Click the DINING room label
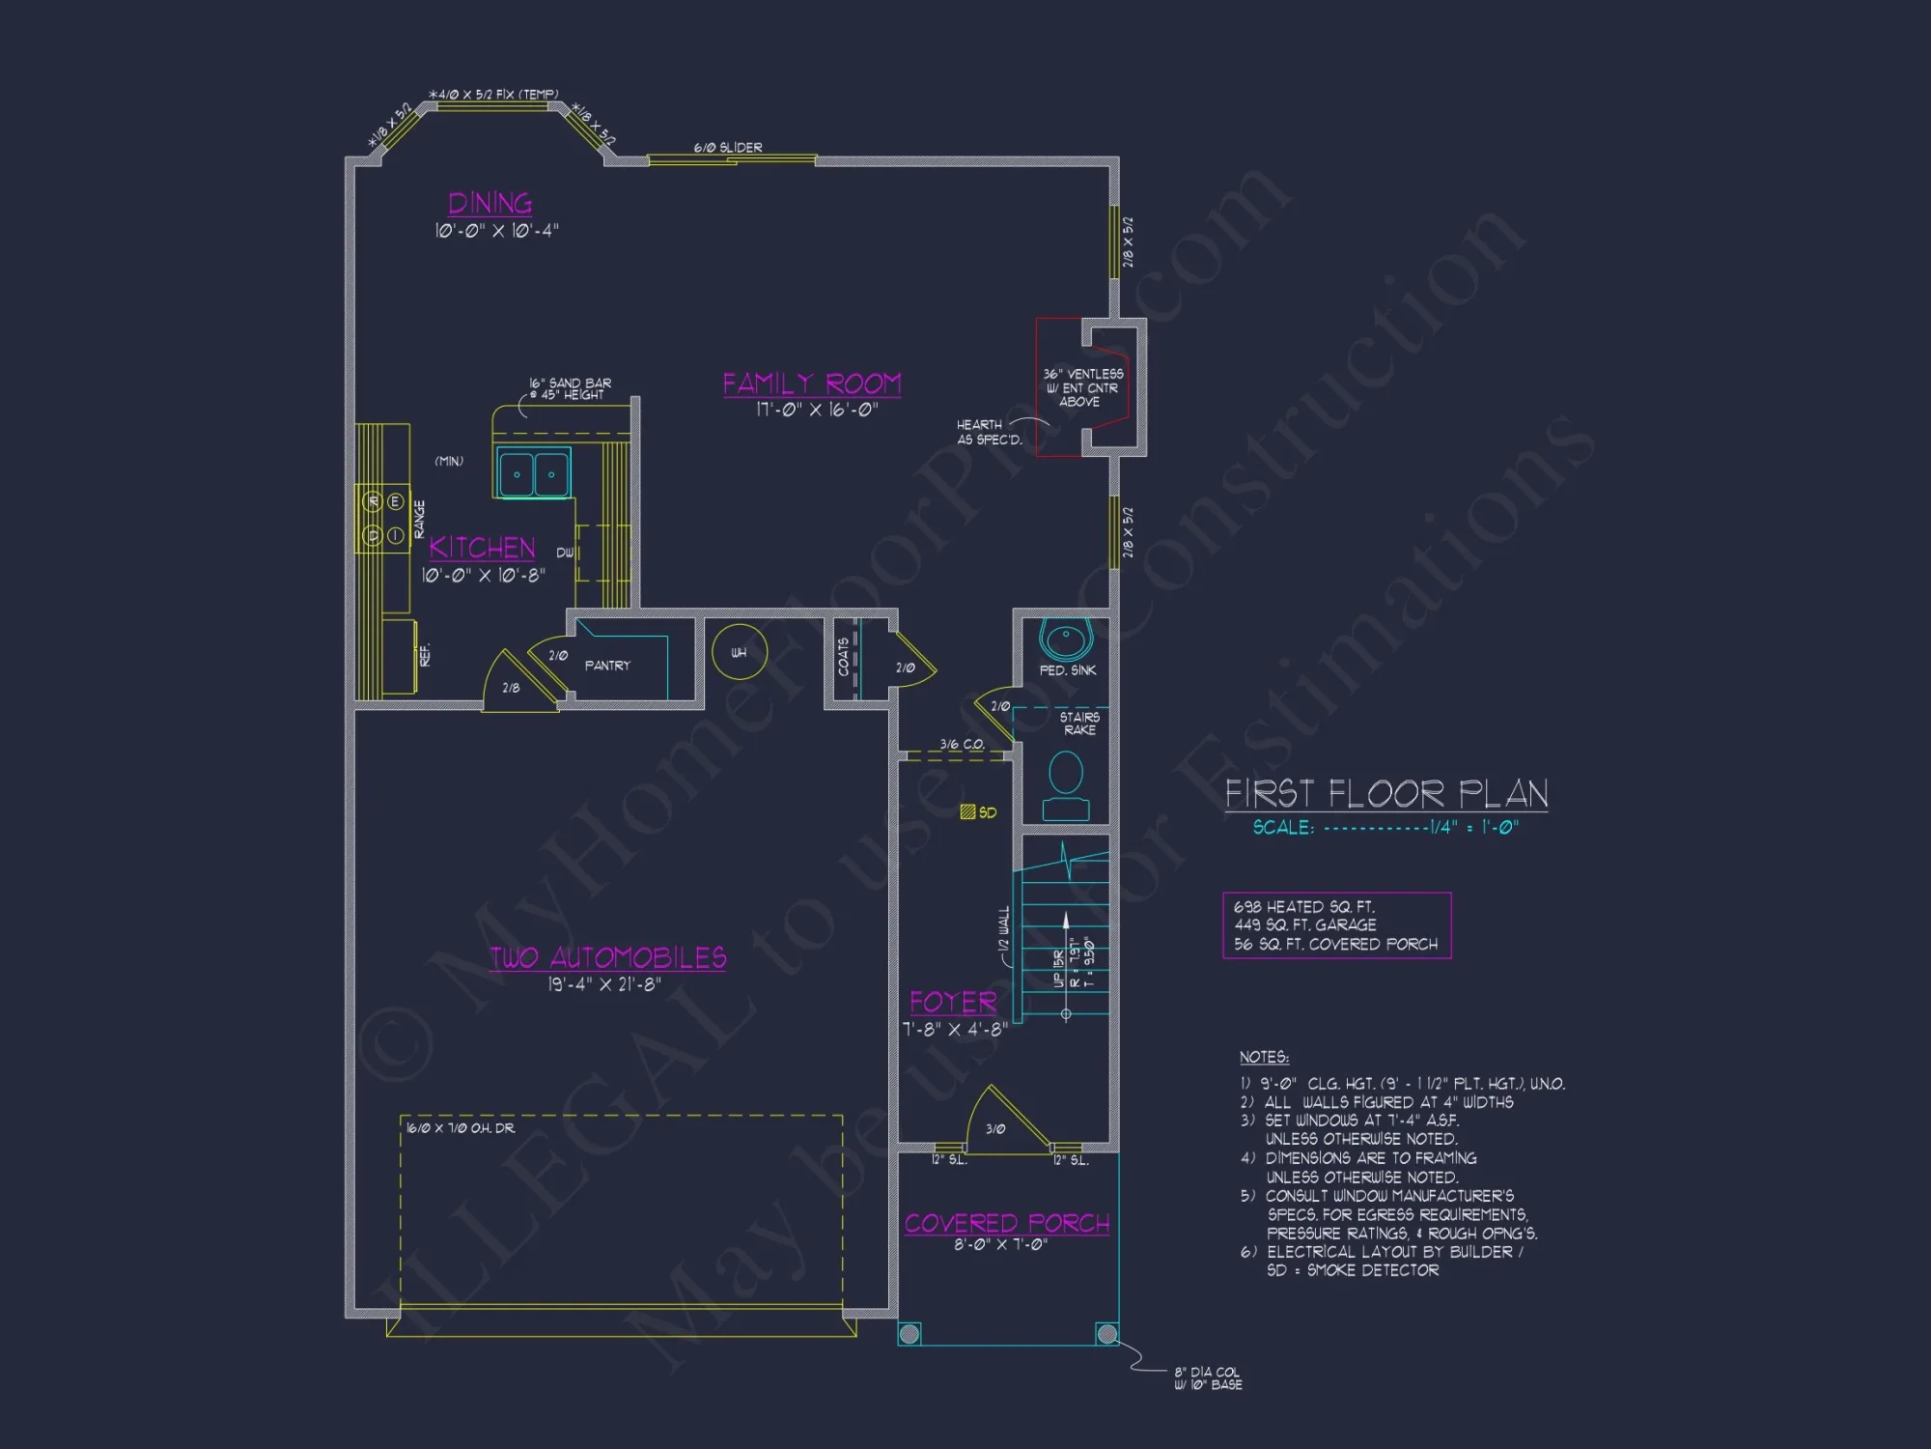click(x=490, y=204)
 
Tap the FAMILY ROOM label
click(x=811, y=384)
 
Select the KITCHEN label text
click(x=482, y=548)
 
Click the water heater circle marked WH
click(x=739, y=653)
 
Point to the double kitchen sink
click(x=533, y=473)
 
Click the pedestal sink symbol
click(x=1065, y=639)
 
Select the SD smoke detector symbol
click(x=967, y=812)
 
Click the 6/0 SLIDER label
click(x=727, y=148)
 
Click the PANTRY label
click(x=606, y=666)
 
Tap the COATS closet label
click(x=843, y=657)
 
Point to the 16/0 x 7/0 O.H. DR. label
click(x=461, y=1128)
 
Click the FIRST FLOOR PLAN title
click(x=1385, y=794)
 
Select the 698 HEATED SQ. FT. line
click(x=1303, y=907)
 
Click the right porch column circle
click(x=1106, y=1334)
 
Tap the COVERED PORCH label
click(x=1006, y=1223)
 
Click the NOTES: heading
click(x=1263, y=1058)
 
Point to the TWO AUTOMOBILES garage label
click(x=607, y=957)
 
